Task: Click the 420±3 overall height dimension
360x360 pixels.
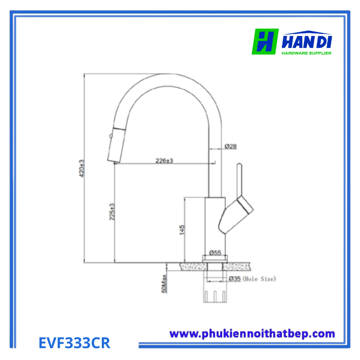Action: pyautogui.click(x=82, y=168)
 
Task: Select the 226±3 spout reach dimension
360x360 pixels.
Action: pyautogui.click(x=164, y=160)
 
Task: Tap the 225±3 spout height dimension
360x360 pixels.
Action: pyautogui.click(x=112, y=212)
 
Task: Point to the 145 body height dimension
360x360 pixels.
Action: pyautogui.click(x=182, y=230)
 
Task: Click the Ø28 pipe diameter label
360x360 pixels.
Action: pyautogui.click(x=230, y=146)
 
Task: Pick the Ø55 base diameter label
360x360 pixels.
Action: pyautogui.click(x=215, y=253)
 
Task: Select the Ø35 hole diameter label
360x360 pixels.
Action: pyautogui.click(x=235, y=279)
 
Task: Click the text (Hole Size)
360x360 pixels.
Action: pyautogui.click(x=259, y=279)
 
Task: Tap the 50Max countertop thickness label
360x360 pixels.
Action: pyautogui.click(x=165, y=284)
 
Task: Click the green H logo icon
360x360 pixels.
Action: pyautogui.click(x=265, y=42)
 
